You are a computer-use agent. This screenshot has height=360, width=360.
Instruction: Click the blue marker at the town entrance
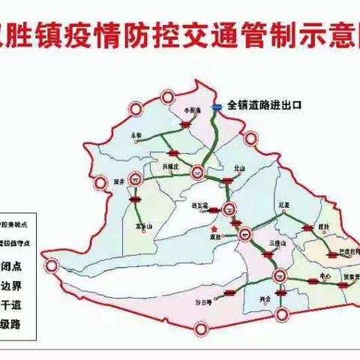215,107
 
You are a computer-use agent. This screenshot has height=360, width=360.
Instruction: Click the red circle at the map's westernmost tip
51,265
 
